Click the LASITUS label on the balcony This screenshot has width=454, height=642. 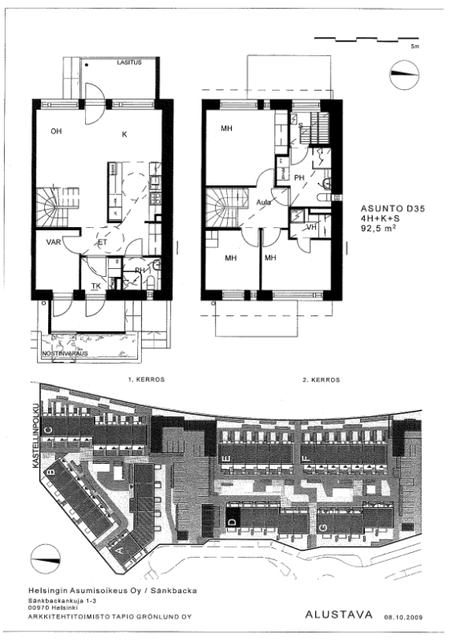[x=128, y=62]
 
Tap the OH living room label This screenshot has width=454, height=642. [x=55, y=131]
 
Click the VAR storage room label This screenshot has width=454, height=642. [x=55, y=242]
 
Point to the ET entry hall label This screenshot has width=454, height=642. [x=103, y=242]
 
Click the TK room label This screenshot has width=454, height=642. [x=95, y=285]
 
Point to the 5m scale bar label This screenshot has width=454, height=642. [x=415, y=48]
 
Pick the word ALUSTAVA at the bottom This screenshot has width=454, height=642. [x=340, y=616]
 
